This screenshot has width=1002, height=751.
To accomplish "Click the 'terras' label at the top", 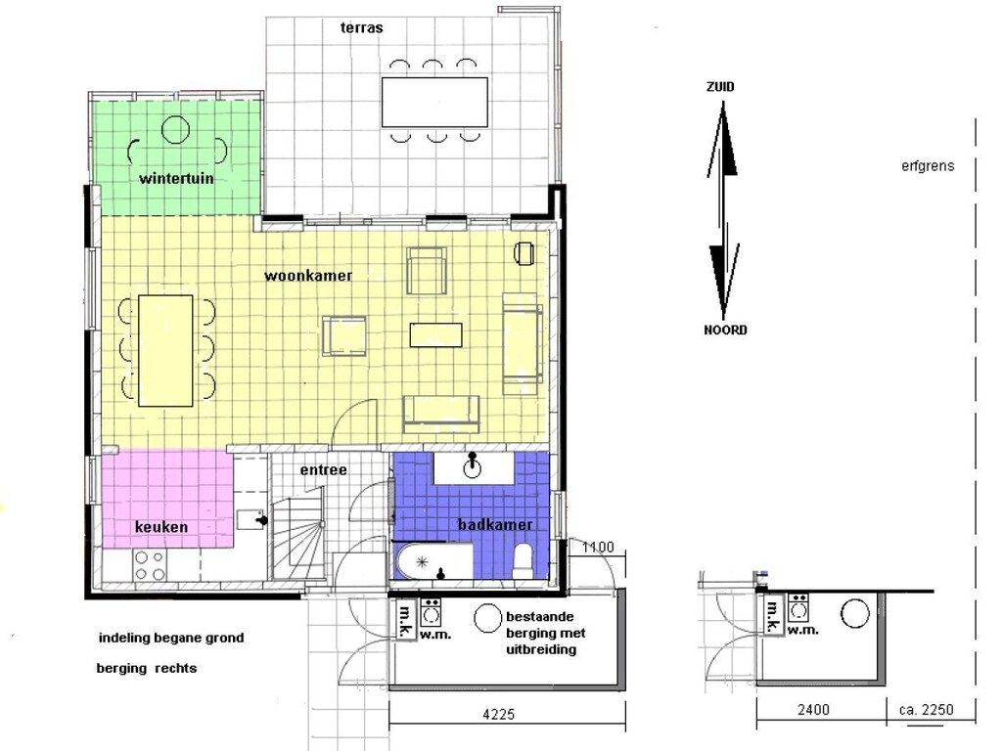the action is pos(362,27).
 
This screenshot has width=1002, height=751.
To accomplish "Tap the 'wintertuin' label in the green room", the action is pos(176,178).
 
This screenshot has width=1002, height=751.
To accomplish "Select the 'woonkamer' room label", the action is pos(308,275).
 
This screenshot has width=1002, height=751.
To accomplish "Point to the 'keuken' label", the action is pos(161,527).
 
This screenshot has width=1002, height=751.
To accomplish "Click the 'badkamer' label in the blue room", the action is pos(495,524).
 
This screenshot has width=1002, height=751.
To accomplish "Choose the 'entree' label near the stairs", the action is pos(324,470).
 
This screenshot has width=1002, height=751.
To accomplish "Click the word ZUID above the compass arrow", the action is pos(720,87).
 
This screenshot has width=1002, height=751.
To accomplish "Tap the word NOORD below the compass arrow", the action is pos(725,331).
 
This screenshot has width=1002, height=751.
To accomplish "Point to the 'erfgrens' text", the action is pos(928,166).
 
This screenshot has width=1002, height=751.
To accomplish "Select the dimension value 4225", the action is pos(498,714).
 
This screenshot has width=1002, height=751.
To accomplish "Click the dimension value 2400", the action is pos(813,710).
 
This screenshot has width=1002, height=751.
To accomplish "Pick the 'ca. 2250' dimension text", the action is pos(926,710).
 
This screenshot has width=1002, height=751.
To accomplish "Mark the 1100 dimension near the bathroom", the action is pos(598,547).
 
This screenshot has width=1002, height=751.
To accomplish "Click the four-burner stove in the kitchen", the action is pos(150,565).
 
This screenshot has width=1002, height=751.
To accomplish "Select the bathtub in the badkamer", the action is pos(433,561).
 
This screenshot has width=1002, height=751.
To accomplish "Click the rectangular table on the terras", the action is pos(434,102).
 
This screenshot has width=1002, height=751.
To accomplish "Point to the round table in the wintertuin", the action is pos(176,130).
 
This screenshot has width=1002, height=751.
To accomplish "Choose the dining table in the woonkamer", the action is pos(166,350).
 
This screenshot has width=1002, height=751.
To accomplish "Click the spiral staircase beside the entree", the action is pos(298,538).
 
